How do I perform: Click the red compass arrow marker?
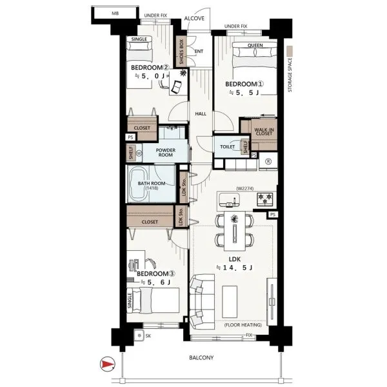[x=107, y=364]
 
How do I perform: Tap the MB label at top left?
[x=115, y=14]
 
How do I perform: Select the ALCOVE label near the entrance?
[x=194, y=18]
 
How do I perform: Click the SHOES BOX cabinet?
[x=181, y=52]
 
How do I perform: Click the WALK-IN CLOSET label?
[x=264, y=132]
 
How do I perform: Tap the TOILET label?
[x=227, y=146]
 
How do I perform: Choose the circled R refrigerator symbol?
[x=268, y=161]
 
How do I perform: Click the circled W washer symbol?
[x=139, y=154]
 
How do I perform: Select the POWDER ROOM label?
[x=166, y=152]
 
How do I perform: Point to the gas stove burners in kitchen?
[x=265, y=199]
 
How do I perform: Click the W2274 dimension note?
[x=245, y=188]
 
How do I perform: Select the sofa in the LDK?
[x=202, y=302]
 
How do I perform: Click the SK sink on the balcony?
[x=139, y=335]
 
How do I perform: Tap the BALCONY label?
[x=201, y=357]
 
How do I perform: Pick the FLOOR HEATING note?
[x=243, y=325]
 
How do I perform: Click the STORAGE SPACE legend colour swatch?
[x=290, y=50]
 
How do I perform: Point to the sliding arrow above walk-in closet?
[x=268, y=115]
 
